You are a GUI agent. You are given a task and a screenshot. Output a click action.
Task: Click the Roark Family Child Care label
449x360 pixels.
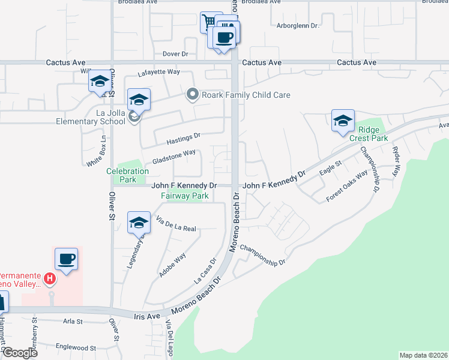[246, 95]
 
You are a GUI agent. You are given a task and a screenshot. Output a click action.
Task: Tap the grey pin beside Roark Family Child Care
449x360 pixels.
[193, 95]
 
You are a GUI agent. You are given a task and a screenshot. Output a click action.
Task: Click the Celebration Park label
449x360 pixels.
[127, 175]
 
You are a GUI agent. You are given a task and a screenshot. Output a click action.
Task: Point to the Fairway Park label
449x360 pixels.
[184, 196]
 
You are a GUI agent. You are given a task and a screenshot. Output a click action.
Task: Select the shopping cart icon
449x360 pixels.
[208, 22]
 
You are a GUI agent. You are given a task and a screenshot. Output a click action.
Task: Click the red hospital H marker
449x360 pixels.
[51, 279]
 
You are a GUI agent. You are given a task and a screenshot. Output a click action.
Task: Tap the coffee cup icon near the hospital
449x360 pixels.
[66, 259]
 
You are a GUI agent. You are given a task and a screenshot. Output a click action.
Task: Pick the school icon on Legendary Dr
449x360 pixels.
[139, 223]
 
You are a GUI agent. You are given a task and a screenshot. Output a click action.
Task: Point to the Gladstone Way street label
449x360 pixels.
[174, 157]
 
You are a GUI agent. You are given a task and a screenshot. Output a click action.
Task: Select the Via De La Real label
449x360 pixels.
[176, 224]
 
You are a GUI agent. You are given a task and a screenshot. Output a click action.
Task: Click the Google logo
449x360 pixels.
[20, 353]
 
